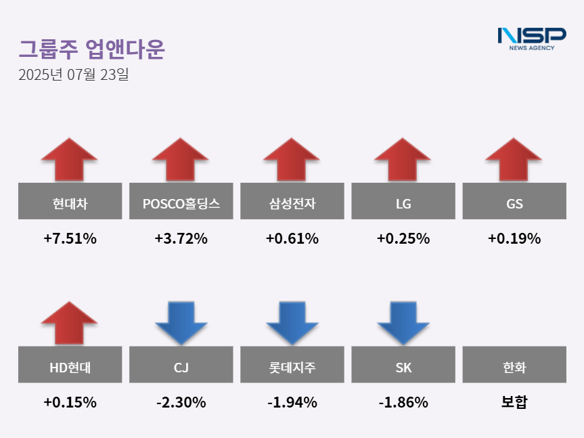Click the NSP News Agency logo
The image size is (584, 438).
[x=531, y=38]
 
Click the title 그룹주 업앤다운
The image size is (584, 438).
[x=91, y=49]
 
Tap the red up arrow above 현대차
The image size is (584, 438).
[x=69, y=159]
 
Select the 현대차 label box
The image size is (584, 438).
[x=70, y=201]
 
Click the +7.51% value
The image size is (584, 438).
[x=70, y=238]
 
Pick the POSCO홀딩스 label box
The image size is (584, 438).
[x=181, y=201]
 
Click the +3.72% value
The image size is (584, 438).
[x=181, y=238]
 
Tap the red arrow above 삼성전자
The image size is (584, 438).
[x=291, y=159]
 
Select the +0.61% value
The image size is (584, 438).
[x=292, y=238]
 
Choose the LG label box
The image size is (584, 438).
[x=403, y=201]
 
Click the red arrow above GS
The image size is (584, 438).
[x=514, y=159]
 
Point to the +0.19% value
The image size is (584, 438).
[x=514, y=238]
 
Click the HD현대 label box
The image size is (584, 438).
[x=70, y=368]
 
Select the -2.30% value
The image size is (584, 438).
[x=181, y=402]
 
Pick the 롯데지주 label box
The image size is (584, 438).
[x=292, y=368]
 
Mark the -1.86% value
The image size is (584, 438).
[x=403, y=402]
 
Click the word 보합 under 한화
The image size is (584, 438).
[x=514, y=402]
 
